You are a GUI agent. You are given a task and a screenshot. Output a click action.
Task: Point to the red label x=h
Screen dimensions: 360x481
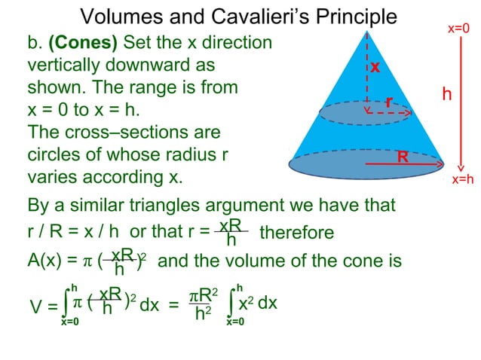click(462, 179)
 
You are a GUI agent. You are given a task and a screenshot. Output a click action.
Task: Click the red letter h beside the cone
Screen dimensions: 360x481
click(447, 94)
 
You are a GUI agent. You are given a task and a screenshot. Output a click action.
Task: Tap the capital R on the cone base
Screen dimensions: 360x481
click(403, 157)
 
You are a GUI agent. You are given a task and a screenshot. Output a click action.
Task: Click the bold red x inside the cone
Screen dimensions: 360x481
click(375, 67)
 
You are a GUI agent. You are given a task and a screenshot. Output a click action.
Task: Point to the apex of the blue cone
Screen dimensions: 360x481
click(368, 31)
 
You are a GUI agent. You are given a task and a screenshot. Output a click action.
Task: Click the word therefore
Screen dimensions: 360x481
click(296, 233)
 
